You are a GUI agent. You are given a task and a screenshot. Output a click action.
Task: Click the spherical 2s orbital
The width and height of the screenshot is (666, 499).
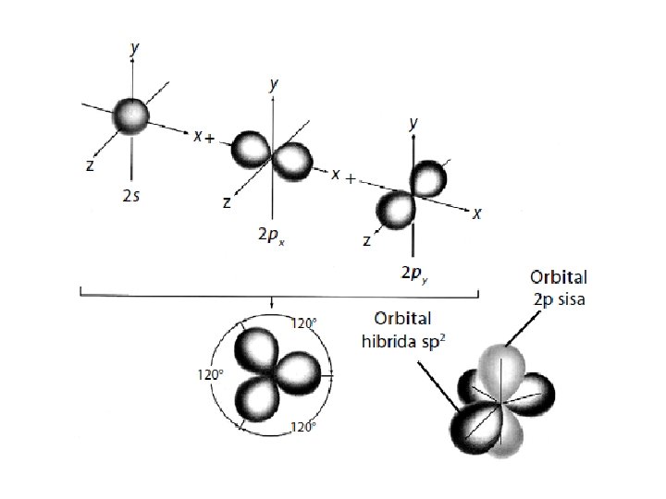point(131,115)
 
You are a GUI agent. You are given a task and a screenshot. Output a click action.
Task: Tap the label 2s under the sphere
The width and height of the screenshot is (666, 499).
point(133,198)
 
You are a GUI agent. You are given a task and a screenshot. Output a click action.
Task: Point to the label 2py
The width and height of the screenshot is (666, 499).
point(413,274)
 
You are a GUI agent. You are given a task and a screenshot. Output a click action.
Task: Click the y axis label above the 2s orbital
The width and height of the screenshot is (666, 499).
point(136,46)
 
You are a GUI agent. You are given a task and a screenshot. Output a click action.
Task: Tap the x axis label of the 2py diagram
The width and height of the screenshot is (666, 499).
point(476,214)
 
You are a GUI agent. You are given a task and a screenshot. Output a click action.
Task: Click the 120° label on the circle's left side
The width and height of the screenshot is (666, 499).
point(211,376)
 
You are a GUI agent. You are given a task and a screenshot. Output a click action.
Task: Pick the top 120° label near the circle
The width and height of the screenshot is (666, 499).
point(305,323)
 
